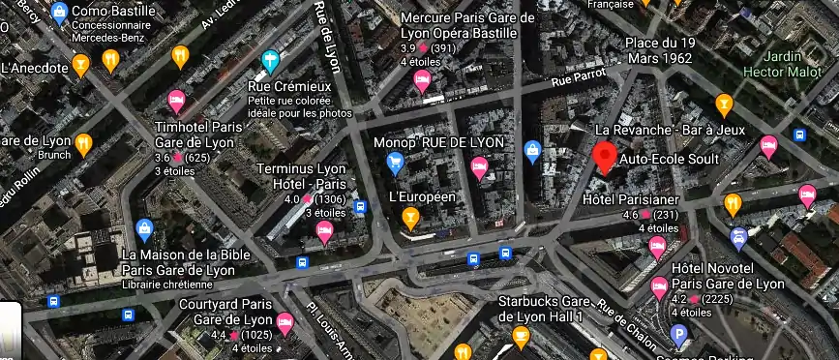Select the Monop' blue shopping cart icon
(394, 164)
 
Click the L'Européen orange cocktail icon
(410, 217)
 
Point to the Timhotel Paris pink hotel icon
(176, 100)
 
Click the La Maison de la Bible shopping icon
(144, 229)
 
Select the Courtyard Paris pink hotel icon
(285, 322)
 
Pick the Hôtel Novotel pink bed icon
(659, 285)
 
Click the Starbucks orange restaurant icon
(522, 337)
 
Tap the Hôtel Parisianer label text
(630, 199)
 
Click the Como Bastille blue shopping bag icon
(59, 14)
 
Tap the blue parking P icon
(681, 336)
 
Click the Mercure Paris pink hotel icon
(422, 81)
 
